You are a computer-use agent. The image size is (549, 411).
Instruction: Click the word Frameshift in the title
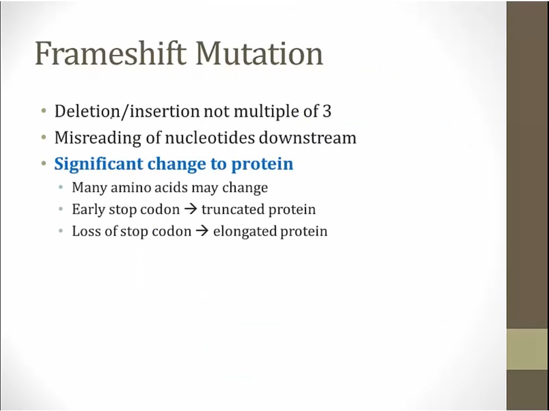click(110, 53)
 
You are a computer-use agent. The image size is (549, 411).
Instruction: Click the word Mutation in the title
click(259, 53)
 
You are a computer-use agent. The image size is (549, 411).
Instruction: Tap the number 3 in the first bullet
click(327, 111)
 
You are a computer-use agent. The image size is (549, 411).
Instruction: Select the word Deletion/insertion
click(127, 111)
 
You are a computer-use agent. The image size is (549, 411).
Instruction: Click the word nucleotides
click(209, 138)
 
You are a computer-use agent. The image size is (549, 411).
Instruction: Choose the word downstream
click(307, 138)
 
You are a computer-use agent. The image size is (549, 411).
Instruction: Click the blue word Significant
click(99, 164)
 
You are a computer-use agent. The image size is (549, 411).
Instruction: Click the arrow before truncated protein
click(190, 209)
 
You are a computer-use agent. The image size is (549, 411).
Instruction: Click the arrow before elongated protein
click(202, 231)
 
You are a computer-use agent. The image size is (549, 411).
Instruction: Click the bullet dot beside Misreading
click(43, 138)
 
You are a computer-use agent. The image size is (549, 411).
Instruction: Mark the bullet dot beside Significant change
click(43, 163)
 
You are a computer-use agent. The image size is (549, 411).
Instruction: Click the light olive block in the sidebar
click(528, 349)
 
